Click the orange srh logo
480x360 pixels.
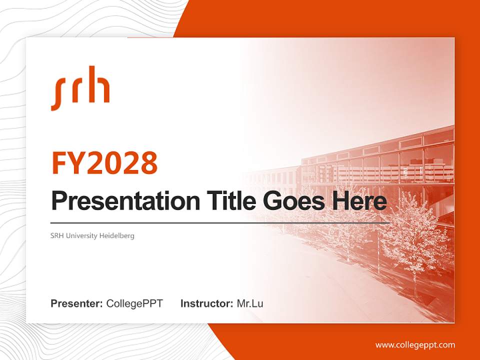click(80, 88)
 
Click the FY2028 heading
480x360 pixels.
click(104, 163)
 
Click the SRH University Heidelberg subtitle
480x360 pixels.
click(92, 235)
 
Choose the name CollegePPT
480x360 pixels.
click(134, 303)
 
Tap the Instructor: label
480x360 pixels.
click(206, 303)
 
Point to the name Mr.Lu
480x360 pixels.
click(250, 303)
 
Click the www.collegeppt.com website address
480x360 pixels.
click(415, 345)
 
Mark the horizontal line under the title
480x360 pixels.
click(220, 222)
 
